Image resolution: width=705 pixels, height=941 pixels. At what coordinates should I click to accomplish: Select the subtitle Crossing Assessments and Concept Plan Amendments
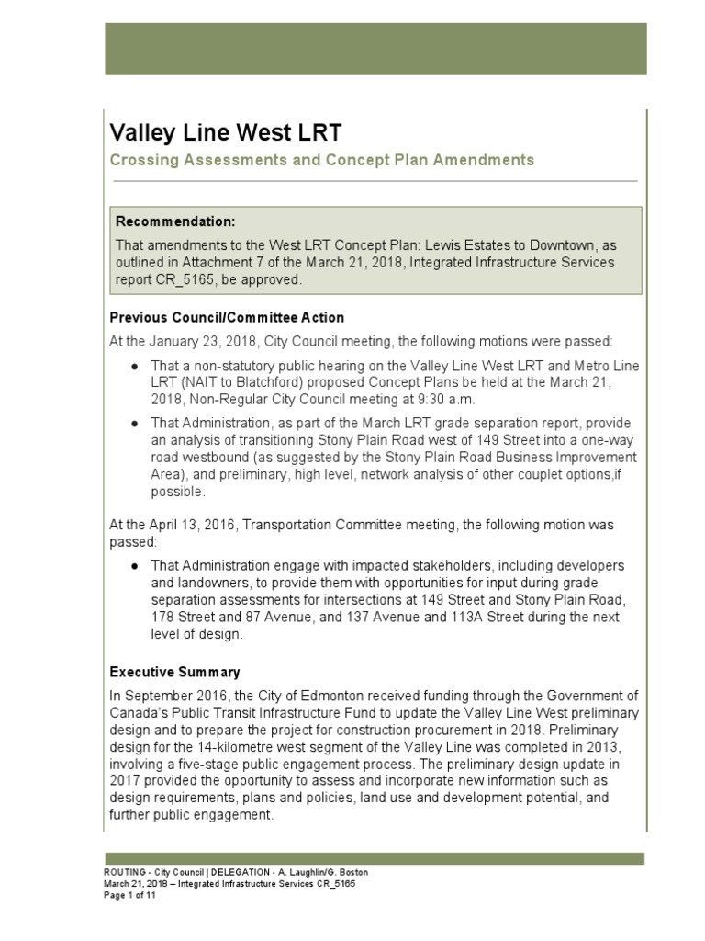321,160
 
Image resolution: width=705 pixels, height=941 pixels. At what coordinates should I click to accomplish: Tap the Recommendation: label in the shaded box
175,222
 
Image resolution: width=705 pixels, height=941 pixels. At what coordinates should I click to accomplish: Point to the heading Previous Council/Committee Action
227,318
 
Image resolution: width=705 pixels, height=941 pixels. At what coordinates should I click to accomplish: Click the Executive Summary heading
174,672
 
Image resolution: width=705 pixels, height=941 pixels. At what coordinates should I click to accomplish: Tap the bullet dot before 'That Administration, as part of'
135,425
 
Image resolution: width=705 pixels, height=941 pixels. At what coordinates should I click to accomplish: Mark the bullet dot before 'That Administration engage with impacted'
135,565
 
